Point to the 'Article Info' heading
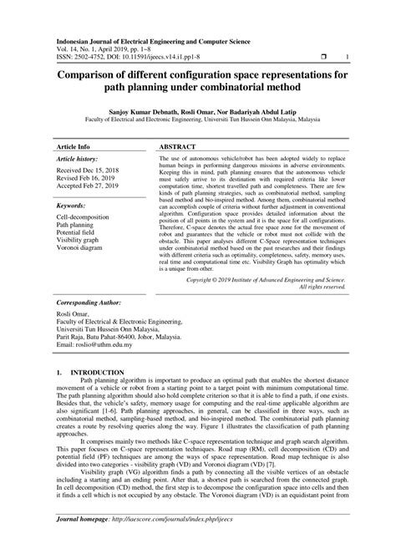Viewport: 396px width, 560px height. tap(74, 145)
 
